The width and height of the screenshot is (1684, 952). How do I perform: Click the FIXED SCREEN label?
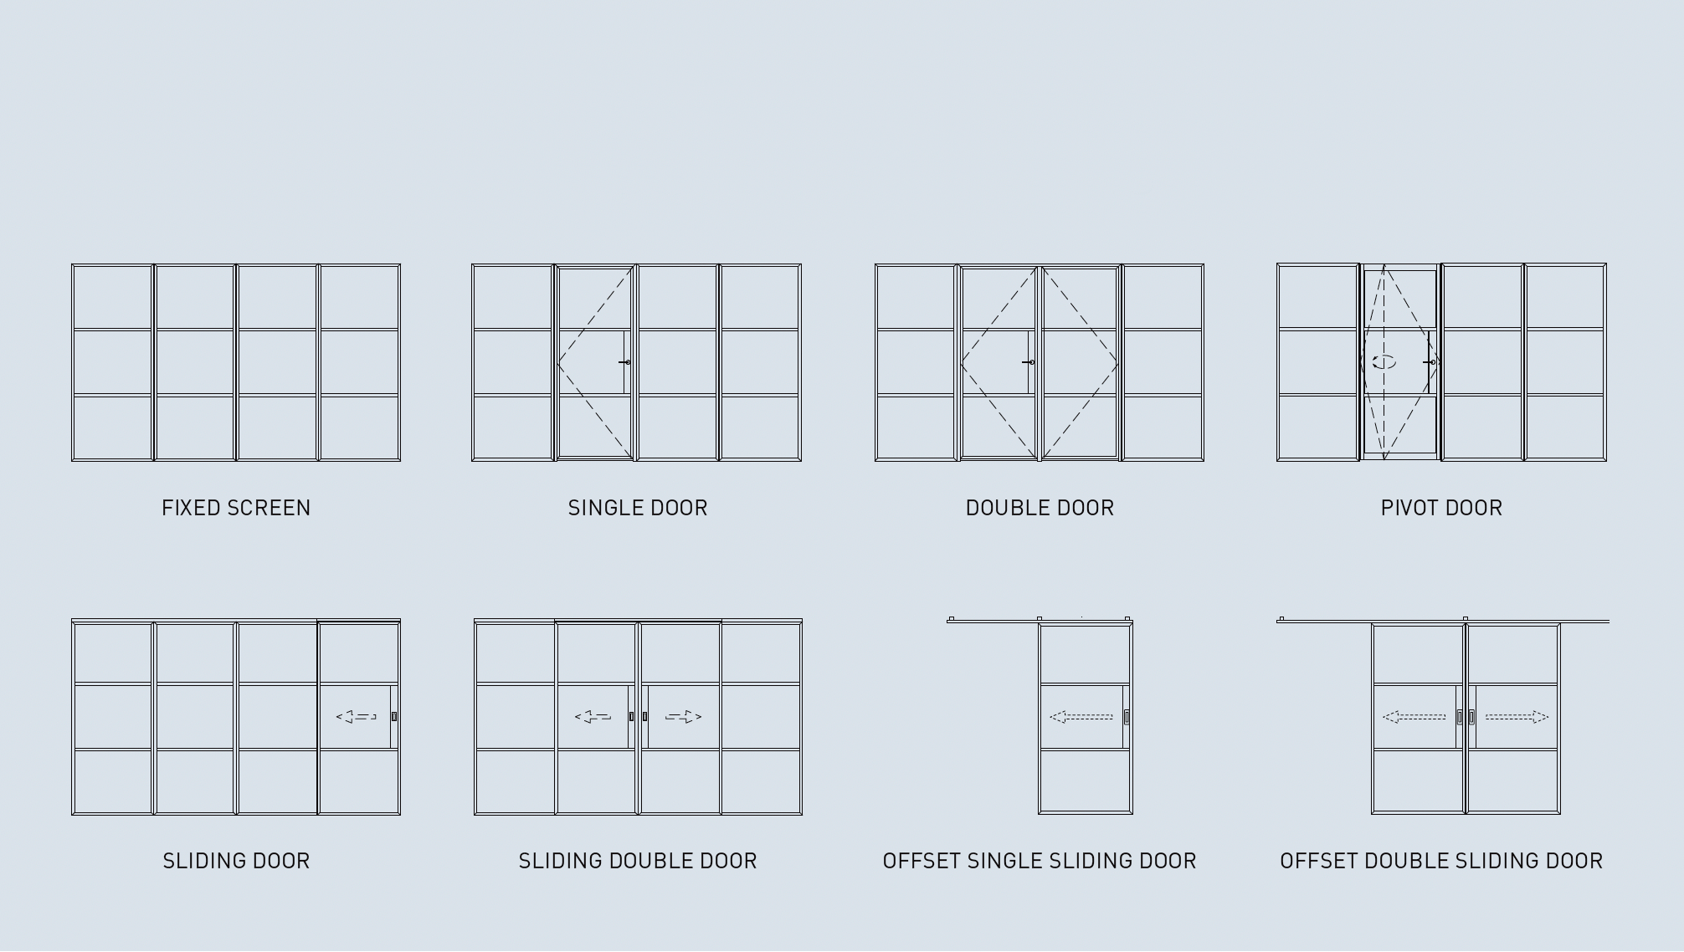(236, 508)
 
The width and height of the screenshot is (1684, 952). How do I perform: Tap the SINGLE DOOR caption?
(638, 508)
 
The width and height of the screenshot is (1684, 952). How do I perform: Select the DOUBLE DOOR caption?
(1040, 508)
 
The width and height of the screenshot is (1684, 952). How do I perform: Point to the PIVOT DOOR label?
(1441, 508)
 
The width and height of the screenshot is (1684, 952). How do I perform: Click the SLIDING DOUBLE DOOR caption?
(638, 861)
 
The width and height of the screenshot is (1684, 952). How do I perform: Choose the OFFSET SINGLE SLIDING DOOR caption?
(1040, 861)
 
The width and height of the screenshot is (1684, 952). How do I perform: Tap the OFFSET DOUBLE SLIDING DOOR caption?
(1441, 861)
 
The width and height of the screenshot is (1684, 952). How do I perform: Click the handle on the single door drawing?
(624, 362)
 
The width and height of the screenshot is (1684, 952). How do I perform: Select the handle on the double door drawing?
(1029, 362)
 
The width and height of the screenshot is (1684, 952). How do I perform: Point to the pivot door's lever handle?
(1430, 362)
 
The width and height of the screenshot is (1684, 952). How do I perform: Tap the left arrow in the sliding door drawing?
(356, 716)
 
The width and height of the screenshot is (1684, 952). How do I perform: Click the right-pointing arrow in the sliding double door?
(683, 716)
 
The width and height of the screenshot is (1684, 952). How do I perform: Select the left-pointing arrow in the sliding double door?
(593, 716)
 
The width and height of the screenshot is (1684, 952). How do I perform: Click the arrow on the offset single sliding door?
(1081, 717)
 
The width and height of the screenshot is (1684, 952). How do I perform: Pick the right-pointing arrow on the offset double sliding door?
(1517, 717)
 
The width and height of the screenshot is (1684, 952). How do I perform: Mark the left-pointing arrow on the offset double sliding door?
(1414, 717)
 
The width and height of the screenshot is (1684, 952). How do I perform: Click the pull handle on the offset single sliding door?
(1127, 717)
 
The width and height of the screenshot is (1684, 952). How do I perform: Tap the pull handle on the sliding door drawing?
(394, 716)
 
